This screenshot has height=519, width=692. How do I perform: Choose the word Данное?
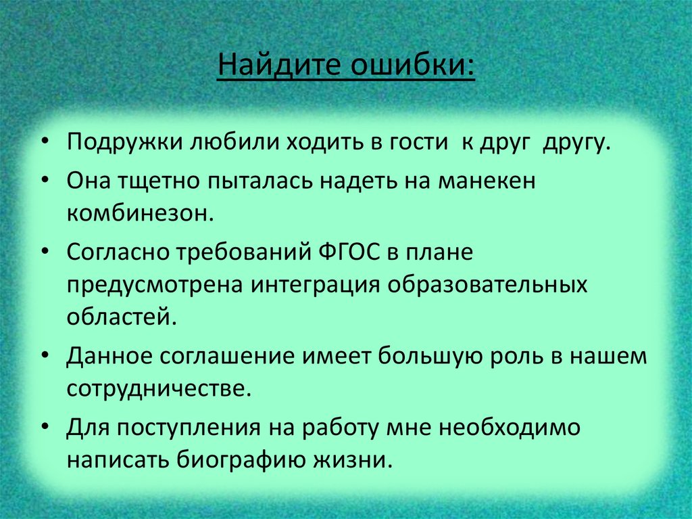tap(107, 356)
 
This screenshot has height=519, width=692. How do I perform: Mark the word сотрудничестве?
tap(153, 388)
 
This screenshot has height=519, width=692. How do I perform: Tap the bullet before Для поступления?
tap(45, 428)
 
